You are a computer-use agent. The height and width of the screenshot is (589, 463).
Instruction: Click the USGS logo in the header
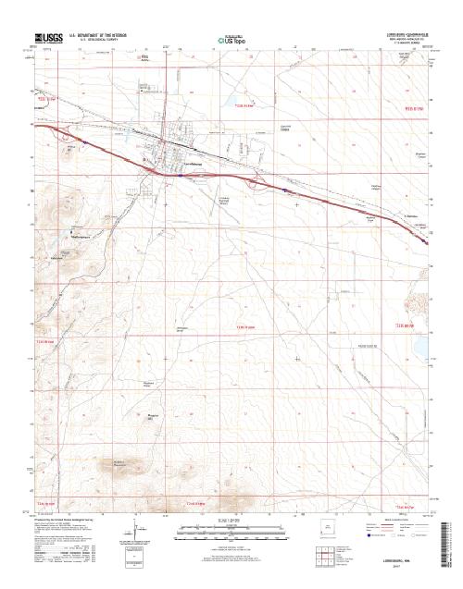(x=47, y=39)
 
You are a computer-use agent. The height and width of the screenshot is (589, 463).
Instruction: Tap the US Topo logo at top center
(x=231, y=41)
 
